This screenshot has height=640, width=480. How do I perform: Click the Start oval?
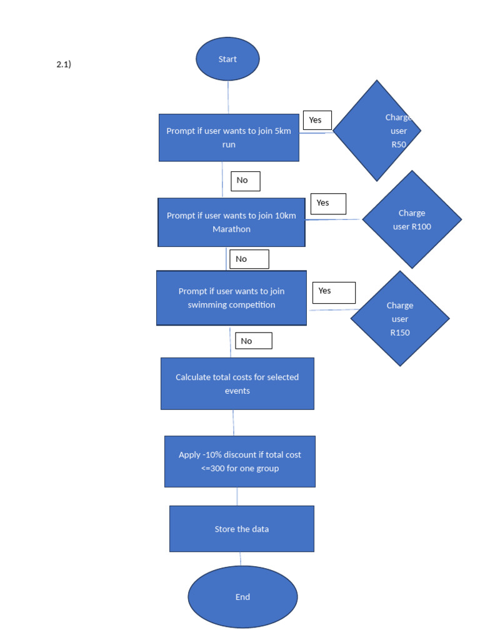point(227,59)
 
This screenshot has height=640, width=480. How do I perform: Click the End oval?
point(243,597)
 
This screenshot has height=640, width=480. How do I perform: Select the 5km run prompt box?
point(229,137)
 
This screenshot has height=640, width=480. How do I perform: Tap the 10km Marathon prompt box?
point(231,222)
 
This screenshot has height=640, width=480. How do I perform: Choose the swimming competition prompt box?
point(231,298)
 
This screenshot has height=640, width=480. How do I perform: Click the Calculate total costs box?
point(237,384)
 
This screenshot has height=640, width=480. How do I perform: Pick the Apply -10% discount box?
point(240,462)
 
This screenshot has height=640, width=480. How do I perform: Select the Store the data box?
point(242,529)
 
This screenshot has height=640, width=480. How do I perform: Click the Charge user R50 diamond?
point(377,131)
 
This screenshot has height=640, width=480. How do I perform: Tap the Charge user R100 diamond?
point(412,219)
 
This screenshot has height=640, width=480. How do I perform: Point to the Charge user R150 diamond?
point(400,319)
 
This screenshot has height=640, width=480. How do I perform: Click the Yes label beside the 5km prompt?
point(317,120)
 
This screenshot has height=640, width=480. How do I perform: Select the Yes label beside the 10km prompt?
point(328,204)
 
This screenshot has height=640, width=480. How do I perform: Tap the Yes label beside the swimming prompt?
point(334,292)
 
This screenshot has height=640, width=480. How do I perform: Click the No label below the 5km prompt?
point(245,181)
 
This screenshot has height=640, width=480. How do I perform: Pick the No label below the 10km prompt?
point(249,259)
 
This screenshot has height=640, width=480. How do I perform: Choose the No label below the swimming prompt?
point(254,341)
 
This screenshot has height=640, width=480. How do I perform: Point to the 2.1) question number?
point(64,64)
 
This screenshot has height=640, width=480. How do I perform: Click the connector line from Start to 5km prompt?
point(228,97)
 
